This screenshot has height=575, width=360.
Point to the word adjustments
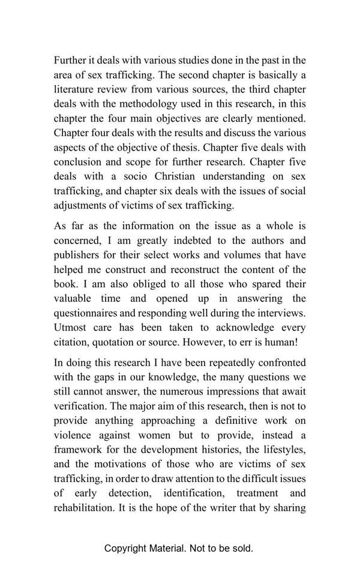click(80, 205)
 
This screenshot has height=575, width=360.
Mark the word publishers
click(78, 255)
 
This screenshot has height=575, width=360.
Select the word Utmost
click(70, 327)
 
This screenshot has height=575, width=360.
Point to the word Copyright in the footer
click(125, 548)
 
